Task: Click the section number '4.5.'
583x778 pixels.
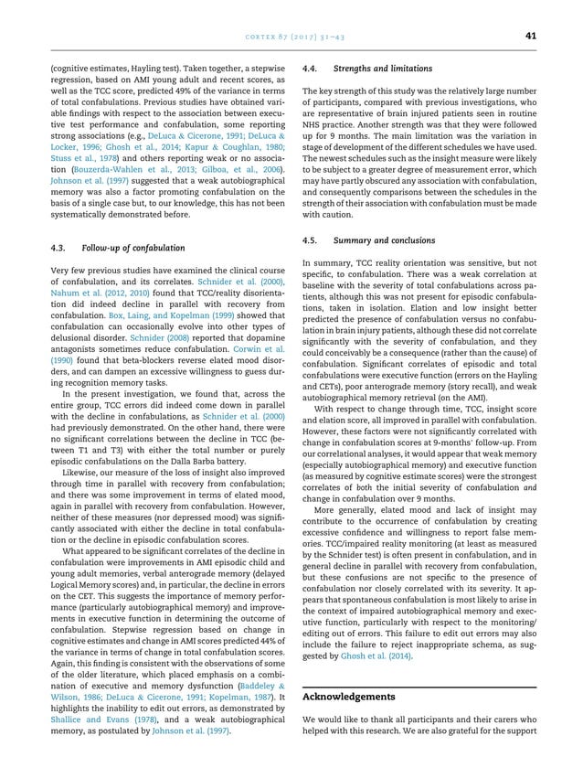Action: (308, 240)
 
